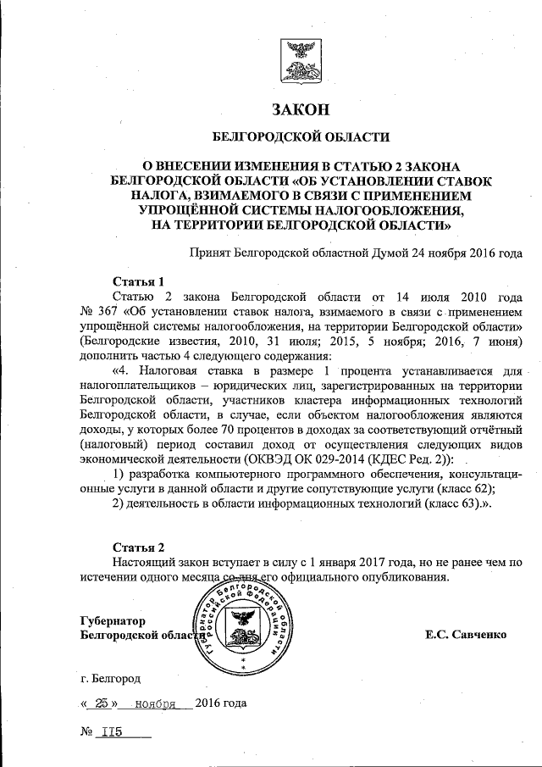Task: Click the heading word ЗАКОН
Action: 299,109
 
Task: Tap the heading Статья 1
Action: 137,281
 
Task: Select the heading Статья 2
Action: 138,546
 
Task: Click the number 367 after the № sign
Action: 100,312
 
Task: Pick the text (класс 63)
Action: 444,504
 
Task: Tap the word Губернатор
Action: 113,620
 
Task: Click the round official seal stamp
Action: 248,628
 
